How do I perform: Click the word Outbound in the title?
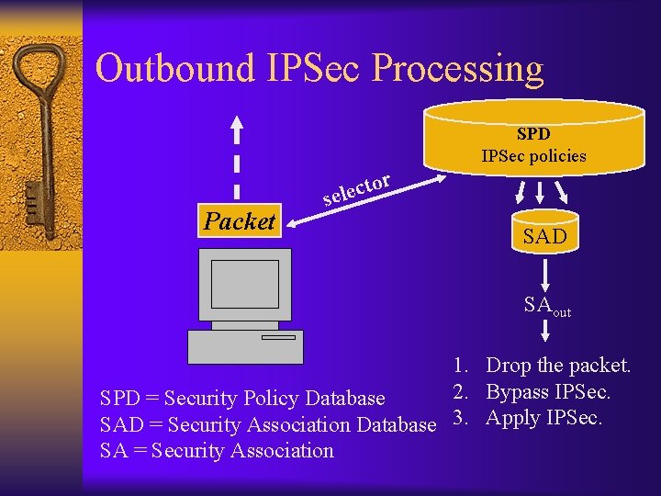coord(162,69)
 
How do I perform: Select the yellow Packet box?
coord(239,221)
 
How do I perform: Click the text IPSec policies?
coord(533,155)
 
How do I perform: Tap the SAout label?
coord(546,306)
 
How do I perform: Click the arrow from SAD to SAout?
coord(545,273)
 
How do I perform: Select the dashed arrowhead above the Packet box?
coord(238,126)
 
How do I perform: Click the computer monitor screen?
coord(244,284)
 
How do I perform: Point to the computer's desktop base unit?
coord(245,346)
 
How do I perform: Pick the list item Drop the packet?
coord(557,366)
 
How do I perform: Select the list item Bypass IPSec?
coord(548,393)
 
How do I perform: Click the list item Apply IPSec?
coord(543,419)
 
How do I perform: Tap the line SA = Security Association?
coord(217,451)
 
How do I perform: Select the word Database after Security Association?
coord(396,425)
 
